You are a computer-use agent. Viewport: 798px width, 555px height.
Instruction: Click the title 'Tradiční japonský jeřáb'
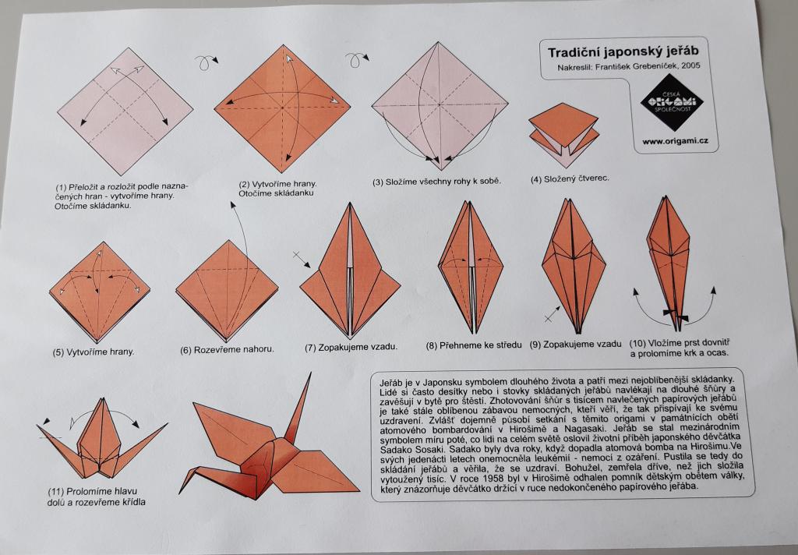[623, 52]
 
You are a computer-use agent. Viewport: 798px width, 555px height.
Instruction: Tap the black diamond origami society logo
[671, 102]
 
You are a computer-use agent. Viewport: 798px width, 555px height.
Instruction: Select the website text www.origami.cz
[675, 141]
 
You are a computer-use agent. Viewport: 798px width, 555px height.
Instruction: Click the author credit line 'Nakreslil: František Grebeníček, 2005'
[629, 66]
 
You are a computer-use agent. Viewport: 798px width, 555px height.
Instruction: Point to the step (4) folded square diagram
[563, 134]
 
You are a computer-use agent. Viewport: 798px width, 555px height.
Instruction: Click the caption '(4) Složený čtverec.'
[570, 179]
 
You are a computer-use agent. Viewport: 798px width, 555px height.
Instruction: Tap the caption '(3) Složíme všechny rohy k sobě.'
[436, 182]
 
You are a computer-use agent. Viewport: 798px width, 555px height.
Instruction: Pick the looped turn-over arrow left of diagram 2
[206, 62]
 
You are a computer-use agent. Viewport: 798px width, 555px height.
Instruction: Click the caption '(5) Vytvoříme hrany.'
[94, 352]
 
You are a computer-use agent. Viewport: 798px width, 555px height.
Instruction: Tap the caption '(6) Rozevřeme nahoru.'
[227, 349]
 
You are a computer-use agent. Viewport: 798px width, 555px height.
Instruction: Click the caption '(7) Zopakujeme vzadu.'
[351, 347]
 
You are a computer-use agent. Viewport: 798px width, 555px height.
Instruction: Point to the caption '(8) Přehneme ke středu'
[474, 345]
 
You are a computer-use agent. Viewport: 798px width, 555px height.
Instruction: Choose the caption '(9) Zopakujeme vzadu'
[576, 345]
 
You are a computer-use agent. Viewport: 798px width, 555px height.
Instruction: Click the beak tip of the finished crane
[180, 493]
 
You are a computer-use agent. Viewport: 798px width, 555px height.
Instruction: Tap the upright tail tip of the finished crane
[309, 373]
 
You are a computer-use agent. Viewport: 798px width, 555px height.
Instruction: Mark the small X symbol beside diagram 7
[298, 254]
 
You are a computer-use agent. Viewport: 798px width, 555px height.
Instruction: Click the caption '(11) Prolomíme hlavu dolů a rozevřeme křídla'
[97, 497]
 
